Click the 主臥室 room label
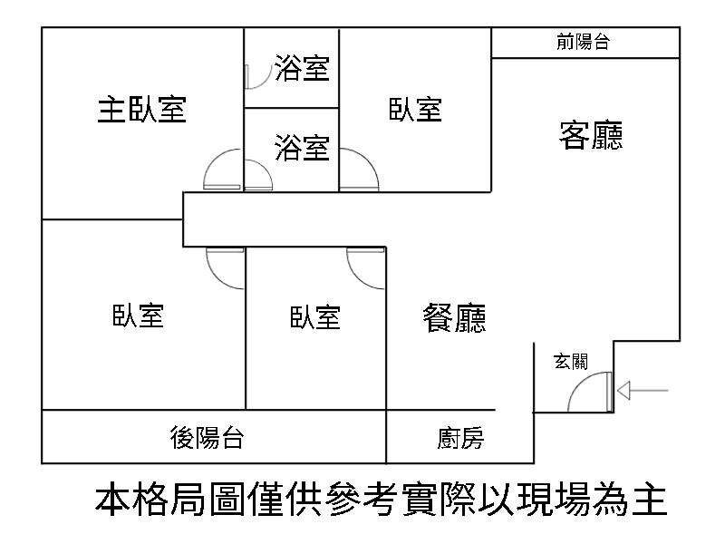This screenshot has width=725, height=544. [141, 110]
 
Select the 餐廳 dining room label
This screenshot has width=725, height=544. [455, 317]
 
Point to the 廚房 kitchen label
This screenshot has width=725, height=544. [459, 440]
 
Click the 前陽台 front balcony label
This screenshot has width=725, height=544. [583, 42]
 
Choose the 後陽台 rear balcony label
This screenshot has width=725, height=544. [207, 438]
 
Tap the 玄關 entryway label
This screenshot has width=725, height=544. [571, 362]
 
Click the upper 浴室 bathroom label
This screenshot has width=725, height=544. [302, 69]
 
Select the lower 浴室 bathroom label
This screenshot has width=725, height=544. [302, 147]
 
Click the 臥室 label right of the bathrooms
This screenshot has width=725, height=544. [415, 110]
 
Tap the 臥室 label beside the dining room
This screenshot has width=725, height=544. [315, 316]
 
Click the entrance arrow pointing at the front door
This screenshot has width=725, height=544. [643, 391]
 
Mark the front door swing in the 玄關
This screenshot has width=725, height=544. [589, 394]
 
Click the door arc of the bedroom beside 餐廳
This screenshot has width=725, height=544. [364, 267]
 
